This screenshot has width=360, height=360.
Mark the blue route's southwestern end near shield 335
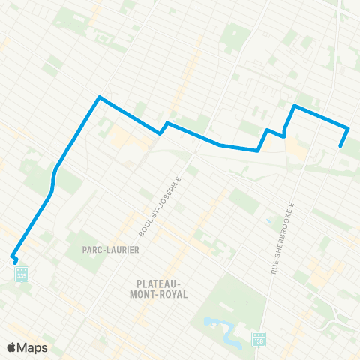[13, 257]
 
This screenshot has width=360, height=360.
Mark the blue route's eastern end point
[341, 146]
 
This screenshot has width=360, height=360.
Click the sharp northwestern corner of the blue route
[99, 97]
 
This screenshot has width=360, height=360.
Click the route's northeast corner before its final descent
[349, 127]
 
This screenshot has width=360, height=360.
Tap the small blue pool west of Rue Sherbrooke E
[268, 222]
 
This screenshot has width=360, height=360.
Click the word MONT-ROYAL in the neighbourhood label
[163, 295]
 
